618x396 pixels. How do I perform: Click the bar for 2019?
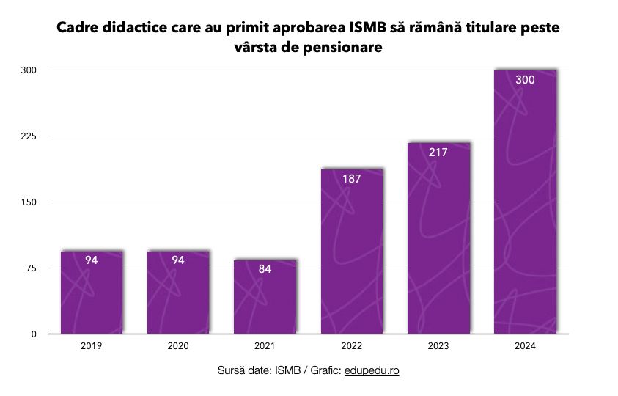coord(92,293)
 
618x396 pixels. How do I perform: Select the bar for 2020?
coord(178,293)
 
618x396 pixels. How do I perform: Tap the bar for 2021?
coord(265,297)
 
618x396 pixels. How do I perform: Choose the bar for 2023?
coord(438,238)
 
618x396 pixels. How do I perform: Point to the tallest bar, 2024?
coord(525,205)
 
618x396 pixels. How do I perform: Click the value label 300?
coord(525,79)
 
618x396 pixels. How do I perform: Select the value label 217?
coord(438,153)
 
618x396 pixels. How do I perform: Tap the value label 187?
coord(352,179)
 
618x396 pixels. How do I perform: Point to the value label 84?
coord(265,269)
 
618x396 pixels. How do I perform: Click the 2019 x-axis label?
coord(92,345)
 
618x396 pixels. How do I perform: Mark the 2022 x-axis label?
coord(352,345)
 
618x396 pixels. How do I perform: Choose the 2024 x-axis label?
coord(525,345)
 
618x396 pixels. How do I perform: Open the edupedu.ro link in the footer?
coord(372,371)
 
